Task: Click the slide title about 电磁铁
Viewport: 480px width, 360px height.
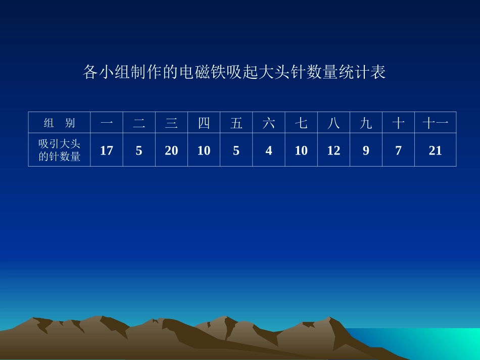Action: tap(234, 72)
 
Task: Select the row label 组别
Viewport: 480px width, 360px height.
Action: tap(59, 123)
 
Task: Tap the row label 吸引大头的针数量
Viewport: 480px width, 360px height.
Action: tap(60, 150)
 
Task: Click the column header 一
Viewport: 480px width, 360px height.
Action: tap(107, 123)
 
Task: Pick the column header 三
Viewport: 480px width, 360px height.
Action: tap(171, 123)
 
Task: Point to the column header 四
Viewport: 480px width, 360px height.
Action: tap(204, 123)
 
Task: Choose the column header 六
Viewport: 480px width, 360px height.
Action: tap(269, 123)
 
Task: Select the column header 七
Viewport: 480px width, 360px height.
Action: tap(301, 123)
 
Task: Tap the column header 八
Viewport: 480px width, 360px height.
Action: tap(333, 123)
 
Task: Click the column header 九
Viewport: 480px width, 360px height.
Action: tap(366, 123)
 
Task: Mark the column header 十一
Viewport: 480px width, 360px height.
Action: tap(435, 123)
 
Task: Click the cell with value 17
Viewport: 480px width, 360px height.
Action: tap(107, 150)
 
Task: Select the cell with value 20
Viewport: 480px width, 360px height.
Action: tap(171, 150)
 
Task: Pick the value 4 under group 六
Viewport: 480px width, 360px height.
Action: tap(269, 150)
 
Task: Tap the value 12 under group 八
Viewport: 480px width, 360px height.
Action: tap(333, 150)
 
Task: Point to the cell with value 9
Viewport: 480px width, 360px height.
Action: tap(366, 150)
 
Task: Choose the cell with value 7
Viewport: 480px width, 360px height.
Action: tap(398, 150)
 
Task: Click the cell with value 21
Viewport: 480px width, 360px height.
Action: tap(435, 150)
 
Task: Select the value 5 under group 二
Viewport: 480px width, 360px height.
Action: tap(139, 150)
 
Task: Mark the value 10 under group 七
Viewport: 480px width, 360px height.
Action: tap(301, 150)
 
